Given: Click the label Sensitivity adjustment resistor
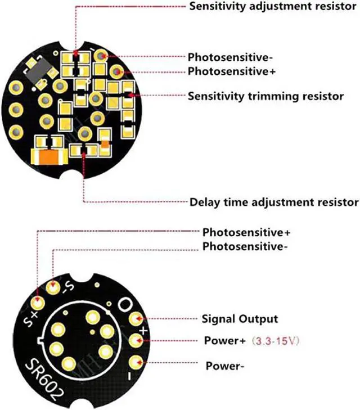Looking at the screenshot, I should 265,7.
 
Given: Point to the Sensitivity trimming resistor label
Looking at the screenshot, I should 265,96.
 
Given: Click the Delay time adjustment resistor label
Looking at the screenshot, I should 273,202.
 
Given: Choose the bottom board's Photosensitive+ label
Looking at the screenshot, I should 246,232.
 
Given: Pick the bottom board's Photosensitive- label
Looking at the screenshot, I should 245,246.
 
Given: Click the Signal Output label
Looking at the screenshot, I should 240,319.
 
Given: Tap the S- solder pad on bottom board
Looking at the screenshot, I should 53,287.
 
